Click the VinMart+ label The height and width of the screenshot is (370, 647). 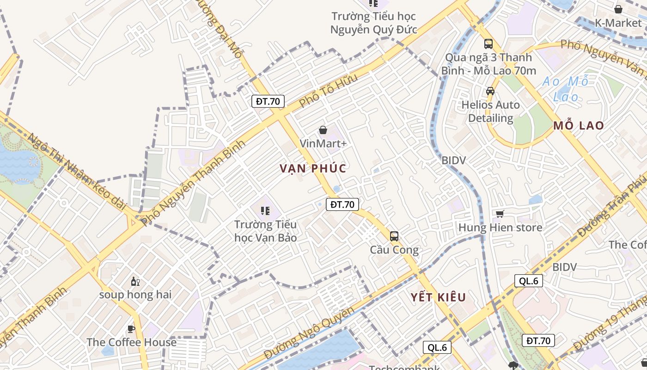pos(323,143)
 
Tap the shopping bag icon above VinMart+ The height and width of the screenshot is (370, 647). pos(323,130)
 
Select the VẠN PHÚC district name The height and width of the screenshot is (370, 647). pos(313,168)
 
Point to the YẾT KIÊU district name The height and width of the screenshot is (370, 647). pos(439,297)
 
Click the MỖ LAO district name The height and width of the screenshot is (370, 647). pos(579,125)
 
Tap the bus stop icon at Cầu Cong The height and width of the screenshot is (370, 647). pos(394,236)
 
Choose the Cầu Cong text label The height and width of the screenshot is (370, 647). pos(394,250)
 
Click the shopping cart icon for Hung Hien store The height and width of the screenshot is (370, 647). pos(500,214)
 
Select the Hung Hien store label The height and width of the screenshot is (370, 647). pos(500,228)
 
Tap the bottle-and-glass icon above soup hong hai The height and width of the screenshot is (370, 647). pos(135,281)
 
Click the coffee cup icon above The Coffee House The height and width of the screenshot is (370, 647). pos(131,329)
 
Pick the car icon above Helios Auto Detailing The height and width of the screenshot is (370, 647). pos(490,91)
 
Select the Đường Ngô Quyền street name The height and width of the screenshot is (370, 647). pos(309,332)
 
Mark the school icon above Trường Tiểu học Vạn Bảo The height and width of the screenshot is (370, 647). pos(265,211)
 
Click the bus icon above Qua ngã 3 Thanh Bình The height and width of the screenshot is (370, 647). pos(488,44)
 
